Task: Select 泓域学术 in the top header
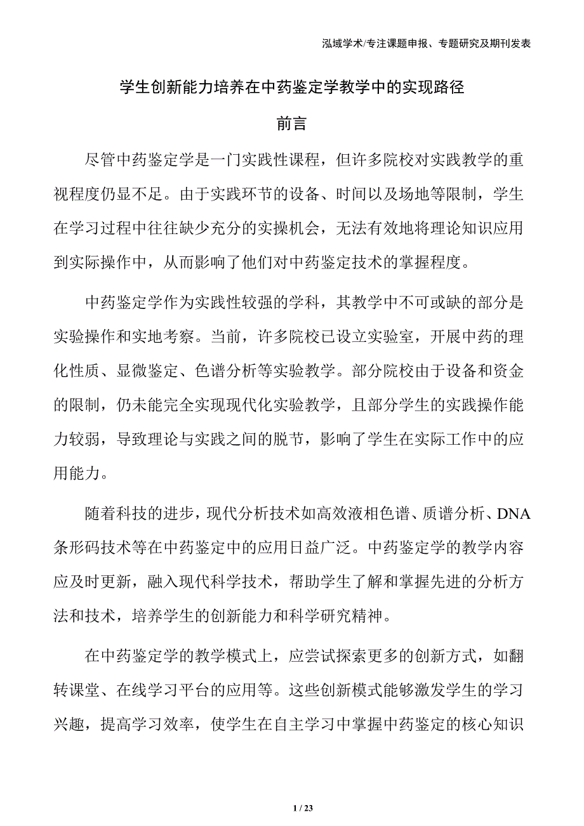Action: point(341,44)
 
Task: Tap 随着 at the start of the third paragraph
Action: point(102,515)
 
